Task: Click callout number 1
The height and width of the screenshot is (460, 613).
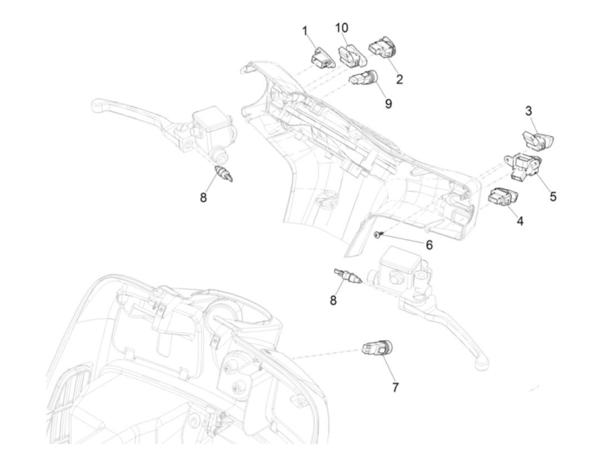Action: point(305,31)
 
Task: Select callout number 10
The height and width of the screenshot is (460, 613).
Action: point(342,28)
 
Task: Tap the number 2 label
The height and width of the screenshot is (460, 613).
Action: point(399,79)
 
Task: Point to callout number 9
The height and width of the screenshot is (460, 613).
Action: point(388,104)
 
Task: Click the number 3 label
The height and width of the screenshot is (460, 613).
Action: point(528,111)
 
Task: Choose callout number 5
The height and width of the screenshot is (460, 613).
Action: point(553,197)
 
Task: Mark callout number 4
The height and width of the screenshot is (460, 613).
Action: point(520,221)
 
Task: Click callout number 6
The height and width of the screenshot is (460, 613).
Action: point(429,245)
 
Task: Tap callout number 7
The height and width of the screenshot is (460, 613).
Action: point(395,387)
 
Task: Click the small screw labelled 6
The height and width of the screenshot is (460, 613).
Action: point(378,235)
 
